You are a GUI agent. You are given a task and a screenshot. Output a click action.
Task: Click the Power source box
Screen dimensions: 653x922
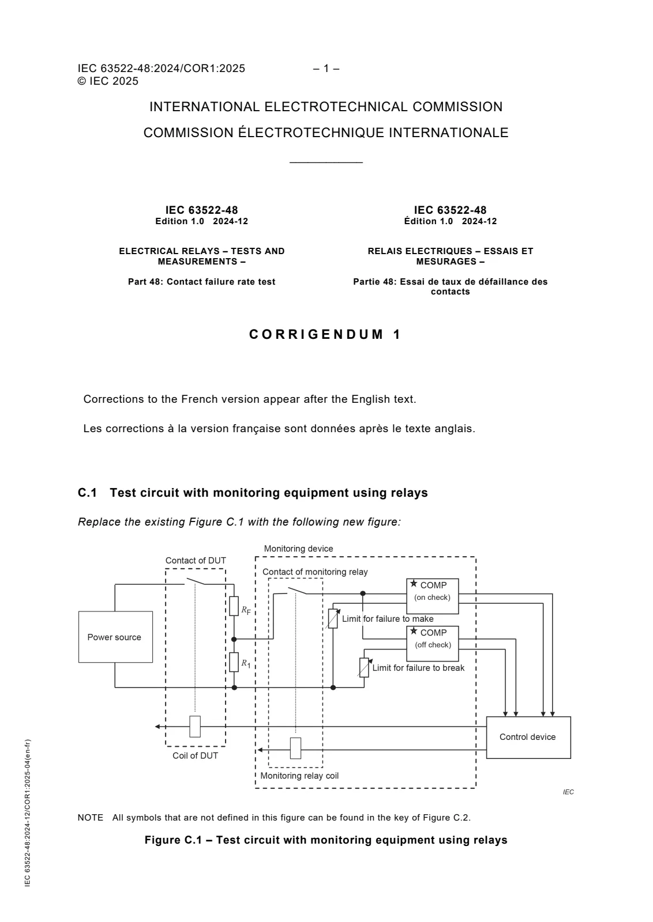coord(115,637)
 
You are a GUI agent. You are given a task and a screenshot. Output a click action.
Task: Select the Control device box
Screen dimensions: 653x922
coord(528,737)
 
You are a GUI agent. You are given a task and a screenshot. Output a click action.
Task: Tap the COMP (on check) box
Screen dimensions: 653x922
coord(432,596)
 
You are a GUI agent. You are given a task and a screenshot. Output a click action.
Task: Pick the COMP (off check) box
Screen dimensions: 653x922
coord(432,644)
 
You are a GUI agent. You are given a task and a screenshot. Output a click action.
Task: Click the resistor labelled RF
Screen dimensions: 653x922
coord(234,606)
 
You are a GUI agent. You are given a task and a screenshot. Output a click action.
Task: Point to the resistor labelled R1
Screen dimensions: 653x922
coord(234,662)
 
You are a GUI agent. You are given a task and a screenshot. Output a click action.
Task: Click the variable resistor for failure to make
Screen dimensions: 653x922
coord(333,619)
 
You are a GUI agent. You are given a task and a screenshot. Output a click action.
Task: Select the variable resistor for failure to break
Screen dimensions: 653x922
coord(364,668)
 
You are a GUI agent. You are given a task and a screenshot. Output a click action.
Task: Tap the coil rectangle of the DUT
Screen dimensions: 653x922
coord(195,727)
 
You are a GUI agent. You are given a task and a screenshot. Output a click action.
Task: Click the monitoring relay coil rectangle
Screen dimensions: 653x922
coord(295,749)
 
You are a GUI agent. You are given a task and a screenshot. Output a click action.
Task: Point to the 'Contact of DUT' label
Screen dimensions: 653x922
coord(196,560)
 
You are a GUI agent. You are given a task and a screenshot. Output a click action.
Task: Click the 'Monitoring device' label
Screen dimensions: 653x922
coord(298,548)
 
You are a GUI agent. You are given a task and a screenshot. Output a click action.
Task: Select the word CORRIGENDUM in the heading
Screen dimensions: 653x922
coord(317,334)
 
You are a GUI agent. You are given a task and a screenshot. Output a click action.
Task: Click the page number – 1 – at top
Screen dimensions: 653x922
coord(326,69)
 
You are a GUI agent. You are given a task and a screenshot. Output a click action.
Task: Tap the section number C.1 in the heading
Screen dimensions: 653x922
coord(87,493)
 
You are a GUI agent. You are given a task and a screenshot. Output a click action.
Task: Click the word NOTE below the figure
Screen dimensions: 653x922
coord(90,818)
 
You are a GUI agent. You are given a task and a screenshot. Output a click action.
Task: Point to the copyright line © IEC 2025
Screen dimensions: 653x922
coord(108,81)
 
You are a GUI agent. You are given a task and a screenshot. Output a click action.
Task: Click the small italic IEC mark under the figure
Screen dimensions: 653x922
coord(568,792)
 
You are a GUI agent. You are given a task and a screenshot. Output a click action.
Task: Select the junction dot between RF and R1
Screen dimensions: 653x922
coord(234,639)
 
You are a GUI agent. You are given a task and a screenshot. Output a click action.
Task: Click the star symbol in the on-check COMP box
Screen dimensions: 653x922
coord(414,584)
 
